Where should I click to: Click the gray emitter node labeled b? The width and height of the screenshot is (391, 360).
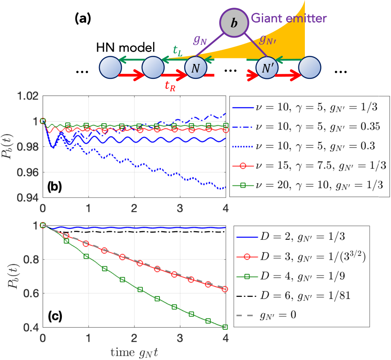coord(234,23)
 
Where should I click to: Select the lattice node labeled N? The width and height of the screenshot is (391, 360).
coord(196,68)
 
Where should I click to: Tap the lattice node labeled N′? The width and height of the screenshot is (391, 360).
coord(267,68)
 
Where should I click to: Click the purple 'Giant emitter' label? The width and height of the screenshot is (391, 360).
coord(289,18)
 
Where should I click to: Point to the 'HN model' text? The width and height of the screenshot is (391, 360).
coord(125,47)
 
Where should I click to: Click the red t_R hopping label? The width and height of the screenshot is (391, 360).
coord(170,86)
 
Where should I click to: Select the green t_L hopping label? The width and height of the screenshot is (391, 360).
coord(178,51)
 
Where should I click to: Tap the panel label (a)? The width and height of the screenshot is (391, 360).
coord(83,19)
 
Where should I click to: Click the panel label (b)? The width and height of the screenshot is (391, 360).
coord(55,186)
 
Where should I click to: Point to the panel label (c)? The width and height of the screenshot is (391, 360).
coord(55,316)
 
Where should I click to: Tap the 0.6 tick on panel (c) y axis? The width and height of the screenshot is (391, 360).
coord(31,293)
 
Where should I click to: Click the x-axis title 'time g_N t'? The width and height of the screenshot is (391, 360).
coord(134,353)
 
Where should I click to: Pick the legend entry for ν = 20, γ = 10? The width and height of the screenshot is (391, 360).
coord(307,185)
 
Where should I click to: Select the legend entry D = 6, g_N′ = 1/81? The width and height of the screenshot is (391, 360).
coord(293,296)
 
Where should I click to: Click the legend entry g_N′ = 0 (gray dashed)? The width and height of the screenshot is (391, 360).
coord(266,315)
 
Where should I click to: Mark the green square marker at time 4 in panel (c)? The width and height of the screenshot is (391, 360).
coord(225,327)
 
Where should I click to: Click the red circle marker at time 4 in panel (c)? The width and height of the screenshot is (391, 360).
coord(225,289)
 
